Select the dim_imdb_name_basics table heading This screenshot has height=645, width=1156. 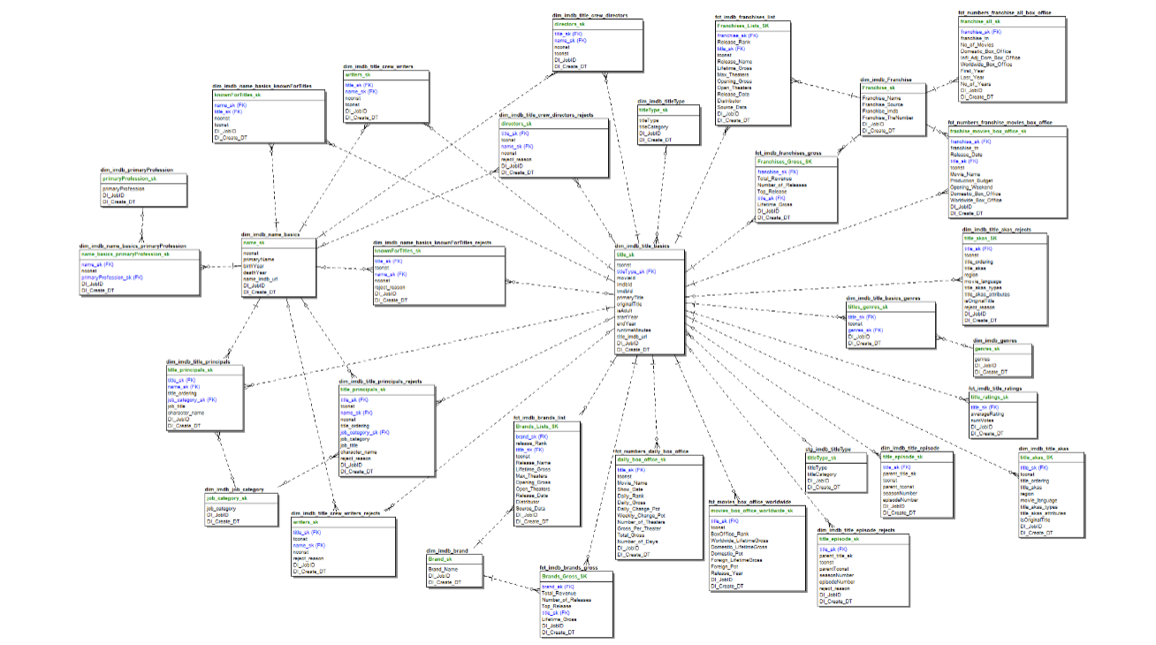click(x=271, y=234)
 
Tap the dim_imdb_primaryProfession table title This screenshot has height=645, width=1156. click(x=138, y=170)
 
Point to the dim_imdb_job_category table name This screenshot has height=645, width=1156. click(x=235, y=489)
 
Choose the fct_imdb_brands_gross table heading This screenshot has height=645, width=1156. click(x=568, y=567)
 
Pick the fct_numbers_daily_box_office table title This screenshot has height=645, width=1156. click(x=656, y=451)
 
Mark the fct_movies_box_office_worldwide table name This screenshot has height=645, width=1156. click(x=750, y=501)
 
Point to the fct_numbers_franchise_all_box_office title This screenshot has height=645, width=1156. click(x=1005, y=13)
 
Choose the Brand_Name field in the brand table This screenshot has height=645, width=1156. click(x=444, y=569)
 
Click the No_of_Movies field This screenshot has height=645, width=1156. click(x=977, y=44)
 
